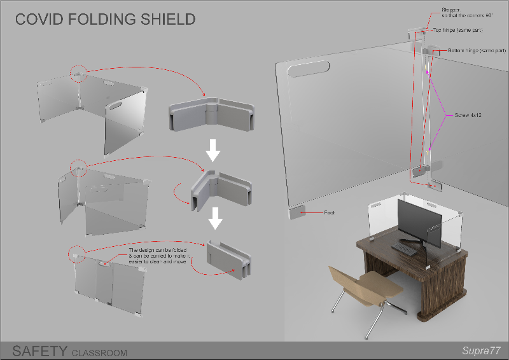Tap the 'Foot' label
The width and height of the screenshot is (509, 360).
[x=329, y=212]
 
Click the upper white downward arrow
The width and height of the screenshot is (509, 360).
[x=214, y=150]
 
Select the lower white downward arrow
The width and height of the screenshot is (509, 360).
[x=216, y=218]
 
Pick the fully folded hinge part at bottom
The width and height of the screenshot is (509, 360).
[x=228, y=261]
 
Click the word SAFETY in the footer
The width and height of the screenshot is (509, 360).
[x=39, y=350]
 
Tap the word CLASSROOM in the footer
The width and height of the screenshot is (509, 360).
[x=99, y=352]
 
